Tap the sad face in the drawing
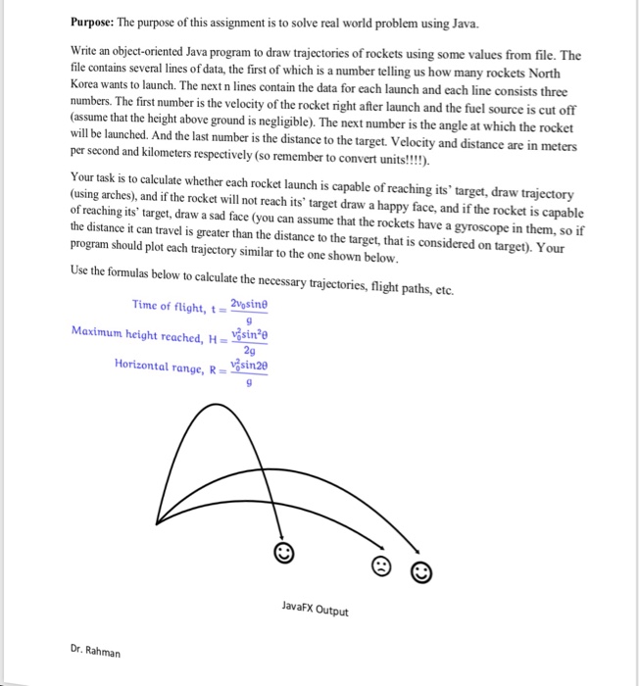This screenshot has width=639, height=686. tap(381, 565)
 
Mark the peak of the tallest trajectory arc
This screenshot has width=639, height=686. tap(226, 410)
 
